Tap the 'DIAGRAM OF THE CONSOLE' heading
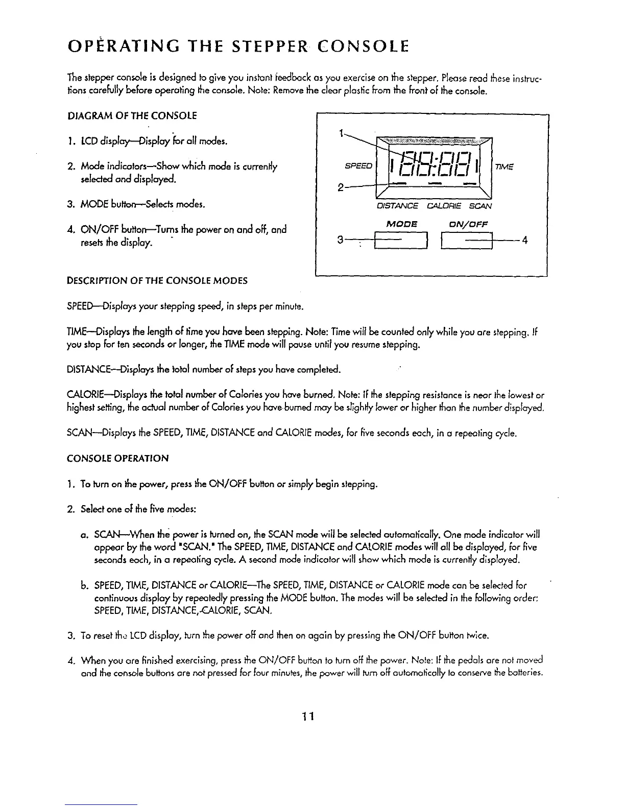tap(132, 115)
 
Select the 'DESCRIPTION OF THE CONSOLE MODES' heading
tap(157, 280)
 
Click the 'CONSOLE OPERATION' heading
tap(117, 458)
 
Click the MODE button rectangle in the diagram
tap(401, 240)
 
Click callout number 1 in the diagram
tap(340, 134)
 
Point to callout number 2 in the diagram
tap(340, 186)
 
